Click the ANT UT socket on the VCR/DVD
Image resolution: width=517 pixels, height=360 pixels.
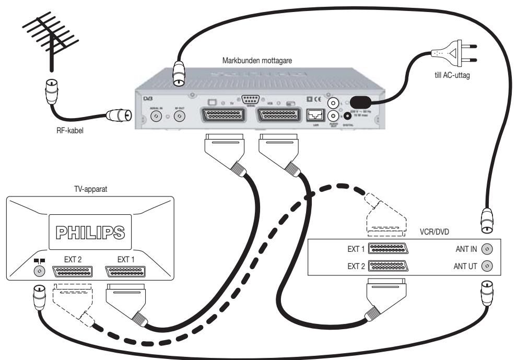pos(487,265)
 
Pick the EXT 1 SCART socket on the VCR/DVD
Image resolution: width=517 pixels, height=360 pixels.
pos(388,249)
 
